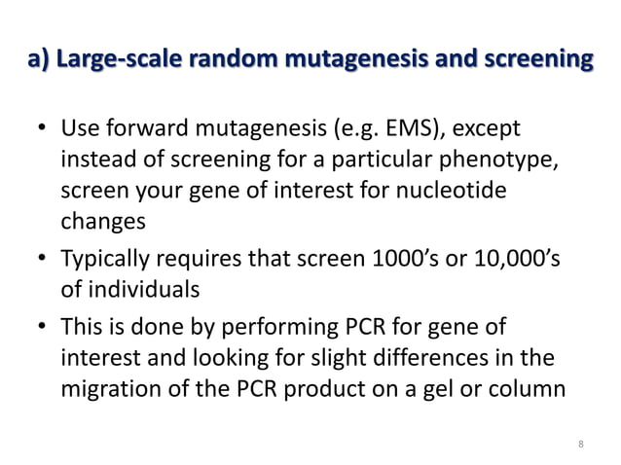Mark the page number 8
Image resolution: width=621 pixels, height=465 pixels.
[x=580, y=445]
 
